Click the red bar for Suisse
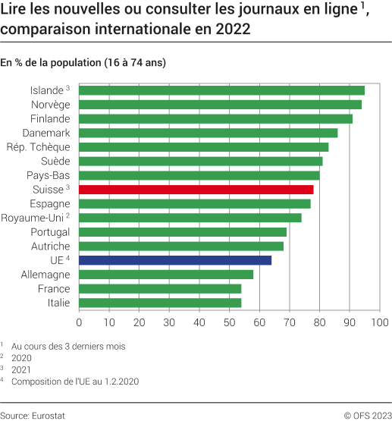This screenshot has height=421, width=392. (x=196, y=190)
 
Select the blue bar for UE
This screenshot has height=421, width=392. (x=175, y=260)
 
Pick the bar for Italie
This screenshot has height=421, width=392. (x=160, y=303)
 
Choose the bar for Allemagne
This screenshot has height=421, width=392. (x=166, y=275)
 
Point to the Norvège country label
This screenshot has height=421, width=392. (x=50, y=104)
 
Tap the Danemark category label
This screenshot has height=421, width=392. (x=46, y=133)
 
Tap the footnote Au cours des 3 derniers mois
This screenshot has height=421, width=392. (x=74, y=346)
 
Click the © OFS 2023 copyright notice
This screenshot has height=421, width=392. (x=367, y=415)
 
